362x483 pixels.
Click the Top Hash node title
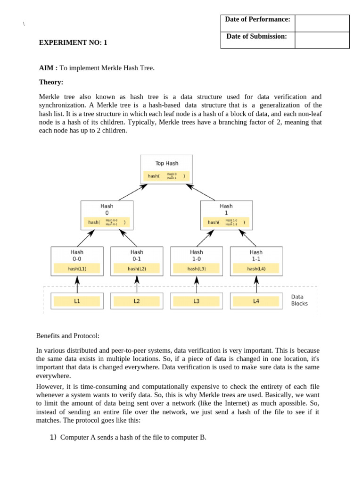pyautogui.click(x=167, y=163)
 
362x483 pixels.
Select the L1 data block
pyautogui.click(x=77, y=300)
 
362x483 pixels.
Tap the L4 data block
pyautogui.click(x=256, y=300)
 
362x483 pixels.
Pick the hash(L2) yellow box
pyautogui.click(x=137, y=269)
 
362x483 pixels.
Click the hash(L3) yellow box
pyautogui.click(x=197, y=269)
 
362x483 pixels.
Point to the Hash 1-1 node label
pyautogui.click(x=256, y=255)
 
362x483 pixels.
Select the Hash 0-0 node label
pyautogui.click(x=77, y=255)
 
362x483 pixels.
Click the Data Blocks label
pyautogui.click(x=299, y=300)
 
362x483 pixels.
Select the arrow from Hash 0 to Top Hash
pyautogui.click(x=132, y=192)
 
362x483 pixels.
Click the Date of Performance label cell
pyautogui.click(x=257, y=19)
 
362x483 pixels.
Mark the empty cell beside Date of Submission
pyautogui.click(x=322, y=40)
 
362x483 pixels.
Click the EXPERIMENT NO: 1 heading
pyautogui.click(x=73, y=42)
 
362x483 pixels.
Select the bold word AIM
pyautogui.click(x=47, y=68)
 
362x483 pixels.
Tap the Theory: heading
pyautogui.click(x=51, y=82)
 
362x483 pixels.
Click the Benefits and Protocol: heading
pyautogui.click(x=68, y=336)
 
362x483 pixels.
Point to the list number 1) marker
pyautogui.click(x=53, y=437)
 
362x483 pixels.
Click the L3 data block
pyautogui.click(x=196, y=300)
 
